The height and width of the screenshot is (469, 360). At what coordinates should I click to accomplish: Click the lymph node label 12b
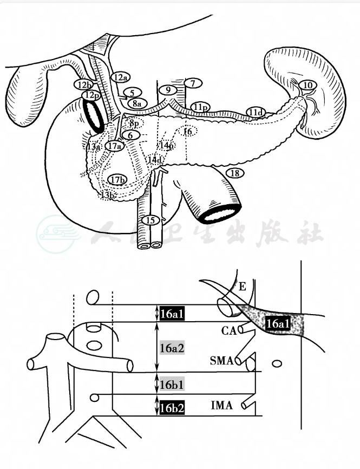pos(84,84)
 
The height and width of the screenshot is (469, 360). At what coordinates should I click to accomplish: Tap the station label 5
pos(132,93)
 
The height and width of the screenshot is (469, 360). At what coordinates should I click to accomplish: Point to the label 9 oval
pos(168,89)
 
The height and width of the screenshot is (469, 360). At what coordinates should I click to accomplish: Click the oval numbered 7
pos(192,83)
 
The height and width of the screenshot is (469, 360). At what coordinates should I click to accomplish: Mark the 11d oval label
pos(256,112)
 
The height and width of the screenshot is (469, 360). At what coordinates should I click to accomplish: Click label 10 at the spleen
pos(307,85)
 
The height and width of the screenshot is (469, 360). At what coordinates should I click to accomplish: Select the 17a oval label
pos(114,146)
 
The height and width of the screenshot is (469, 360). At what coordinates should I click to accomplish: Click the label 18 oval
pos(234,173)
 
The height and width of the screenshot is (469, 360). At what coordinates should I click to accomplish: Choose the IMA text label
pos(222,405)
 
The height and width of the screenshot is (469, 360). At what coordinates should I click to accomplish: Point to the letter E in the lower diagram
pos(242,287)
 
